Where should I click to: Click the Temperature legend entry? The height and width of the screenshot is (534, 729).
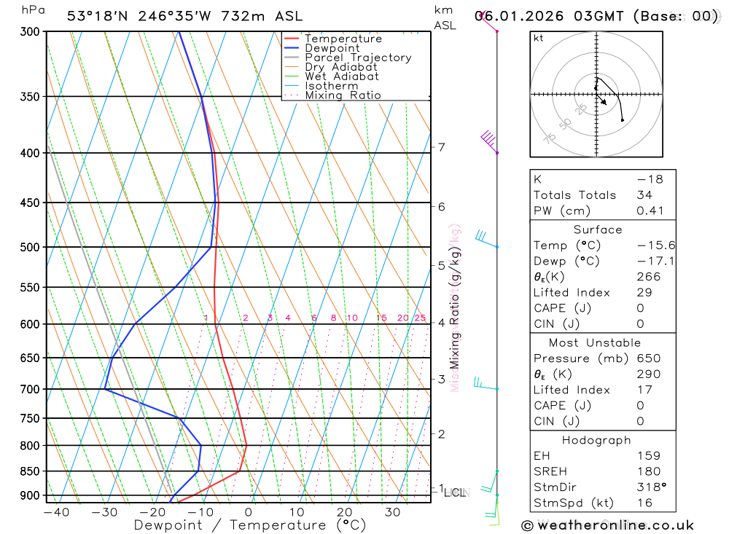[x=343, y=39]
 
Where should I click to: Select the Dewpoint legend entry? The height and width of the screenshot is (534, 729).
[x=332, y=48]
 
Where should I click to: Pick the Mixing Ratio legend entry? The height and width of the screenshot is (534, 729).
[x=343, y=95]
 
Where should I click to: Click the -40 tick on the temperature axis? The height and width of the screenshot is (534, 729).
[x=56, y=512]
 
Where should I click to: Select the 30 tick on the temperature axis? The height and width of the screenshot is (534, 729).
[x=392, y=512]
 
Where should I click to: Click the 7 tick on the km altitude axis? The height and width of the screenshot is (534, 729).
[x=441, y=147]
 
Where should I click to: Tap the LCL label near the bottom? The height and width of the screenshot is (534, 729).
[x=454, y=493]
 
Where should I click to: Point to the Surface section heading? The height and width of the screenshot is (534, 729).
[x=598, y=229]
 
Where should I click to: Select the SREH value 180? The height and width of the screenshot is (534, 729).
[x=648, y=471]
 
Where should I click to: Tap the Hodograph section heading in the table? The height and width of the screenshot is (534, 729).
[x=596, y=440]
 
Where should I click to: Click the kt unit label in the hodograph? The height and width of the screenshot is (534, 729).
[x=539, y=38]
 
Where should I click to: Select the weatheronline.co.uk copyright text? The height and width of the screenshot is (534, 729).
[x=607, y=525]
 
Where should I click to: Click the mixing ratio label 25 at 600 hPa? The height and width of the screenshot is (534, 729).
[x=420, y=318]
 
